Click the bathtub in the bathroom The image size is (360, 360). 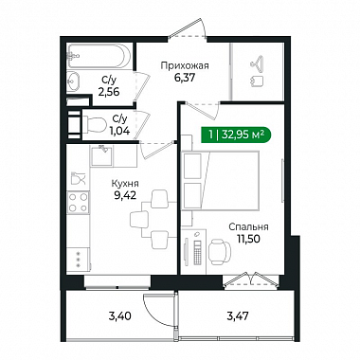[x=99, y=56]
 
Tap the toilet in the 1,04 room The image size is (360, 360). [x=95, y=124]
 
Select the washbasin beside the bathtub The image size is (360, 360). [x=73, y=81]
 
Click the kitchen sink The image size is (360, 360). [x=101, y=156]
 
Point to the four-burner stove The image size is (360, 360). [x=79, y=203]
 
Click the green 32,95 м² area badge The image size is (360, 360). [x=236, y=135]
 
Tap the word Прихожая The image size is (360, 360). [x=185, y=65]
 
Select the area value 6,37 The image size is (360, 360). [x=185, y=78]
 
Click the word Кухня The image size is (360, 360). [x=125, y=184]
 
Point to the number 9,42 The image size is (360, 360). [x=125, y=195]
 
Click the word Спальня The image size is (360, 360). [x=248, y=226]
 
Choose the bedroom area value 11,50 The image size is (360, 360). [x=248, y=239]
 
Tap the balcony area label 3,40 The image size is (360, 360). [x=119, y=315]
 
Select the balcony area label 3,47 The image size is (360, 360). [x=239, y=315]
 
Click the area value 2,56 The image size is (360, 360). [x=109, y=92]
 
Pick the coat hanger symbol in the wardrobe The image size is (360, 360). [x=258, y=62]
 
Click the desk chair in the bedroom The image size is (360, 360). [x=220, y=252]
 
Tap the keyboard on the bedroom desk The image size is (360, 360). [x=197, y=253]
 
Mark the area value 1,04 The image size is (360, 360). [x=119, y=131]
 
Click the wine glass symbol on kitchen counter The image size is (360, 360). [x=78, y=178]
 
